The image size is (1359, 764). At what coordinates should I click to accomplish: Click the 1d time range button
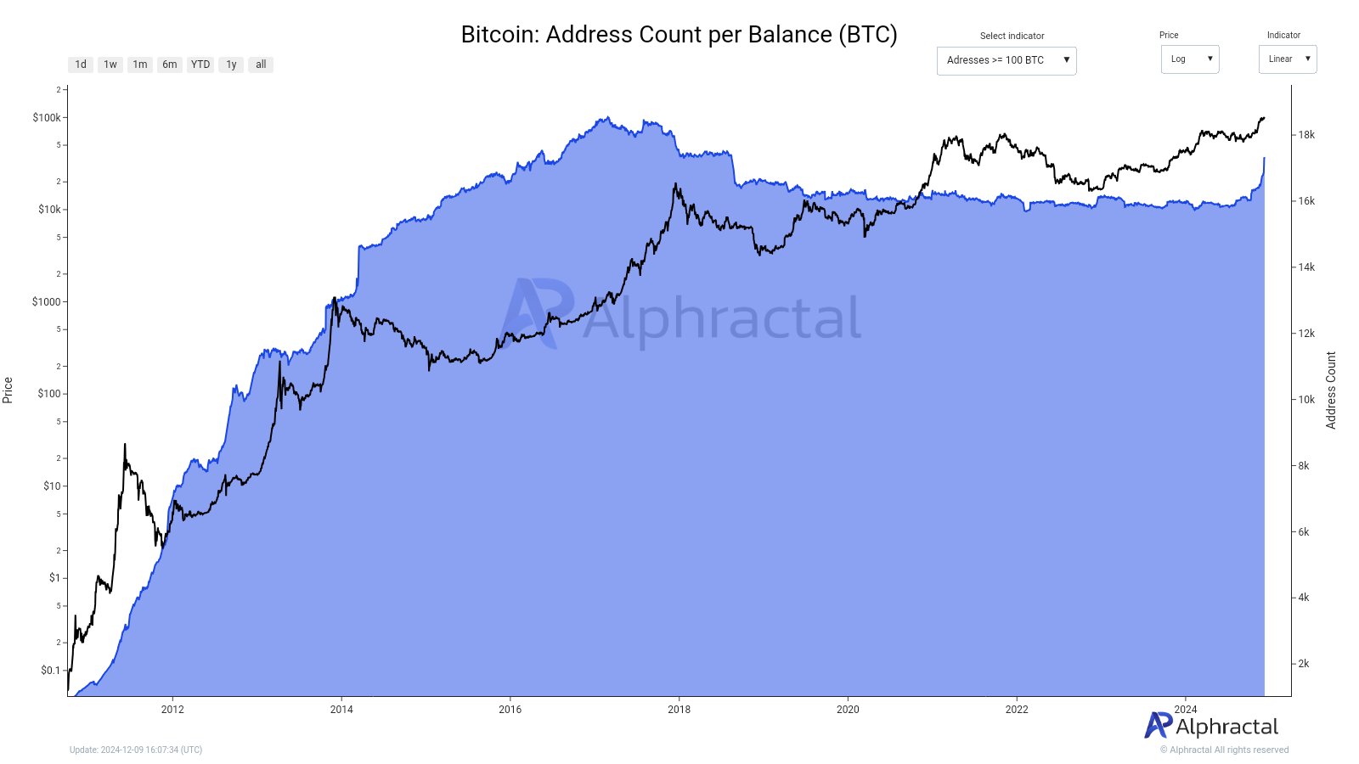point(81,65)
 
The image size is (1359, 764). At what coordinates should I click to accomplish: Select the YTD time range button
point(200,65)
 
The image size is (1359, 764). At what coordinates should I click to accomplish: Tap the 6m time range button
point(170,65)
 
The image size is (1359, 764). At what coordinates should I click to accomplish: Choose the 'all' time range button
point(261,65)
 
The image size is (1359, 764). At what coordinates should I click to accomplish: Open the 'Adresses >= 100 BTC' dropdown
point(1007,60)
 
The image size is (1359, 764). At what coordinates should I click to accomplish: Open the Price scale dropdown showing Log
point(1189,59)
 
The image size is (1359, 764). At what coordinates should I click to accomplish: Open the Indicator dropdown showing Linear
point(1287,59)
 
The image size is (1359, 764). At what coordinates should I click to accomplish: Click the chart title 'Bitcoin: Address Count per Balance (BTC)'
point(679,35)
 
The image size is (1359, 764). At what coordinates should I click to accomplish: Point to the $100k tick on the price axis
point(47,118)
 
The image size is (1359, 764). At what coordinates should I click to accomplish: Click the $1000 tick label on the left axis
point(47,302)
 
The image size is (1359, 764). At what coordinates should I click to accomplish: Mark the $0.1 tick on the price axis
point(51,671)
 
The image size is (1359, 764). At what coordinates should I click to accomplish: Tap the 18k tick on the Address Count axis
point(1306,135)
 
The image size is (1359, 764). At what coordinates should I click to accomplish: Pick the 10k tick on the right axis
point(1306,400)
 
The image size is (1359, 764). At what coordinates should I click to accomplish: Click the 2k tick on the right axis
point(1304,664)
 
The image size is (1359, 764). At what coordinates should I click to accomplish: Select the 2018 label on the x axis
point(679,710)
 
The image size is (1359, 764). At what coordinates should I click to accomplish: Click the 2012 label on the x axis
point(172,710)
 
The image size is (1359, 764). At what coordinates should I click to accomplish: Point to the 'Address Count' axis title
point(1331,390)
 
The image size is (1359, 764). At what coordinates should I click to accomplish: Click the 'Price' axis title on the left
point(8,390)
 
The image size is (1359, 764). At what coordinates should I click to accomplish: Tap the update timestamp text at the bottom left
point(136,750)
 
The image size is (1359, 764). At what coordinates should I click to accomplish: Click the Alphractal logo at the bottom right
point(1211,727)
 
